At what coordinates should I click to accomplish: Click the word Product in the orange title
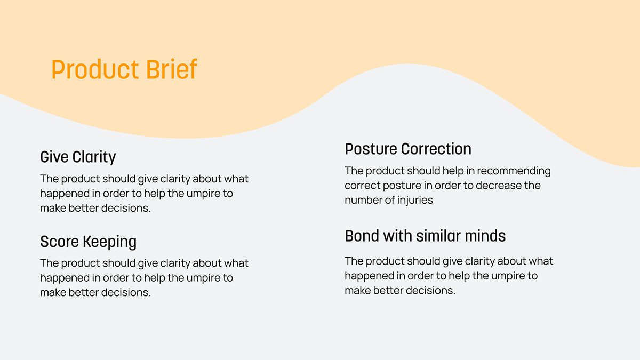[95, 69]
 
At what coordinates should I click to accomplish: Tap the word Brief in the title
[171, 69]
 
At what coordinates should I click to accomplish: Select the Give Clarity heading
[78, 157]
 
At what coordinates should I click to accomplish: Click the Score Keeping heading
[89, 242]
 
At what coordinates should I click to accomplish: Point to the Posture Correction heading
[408, 149]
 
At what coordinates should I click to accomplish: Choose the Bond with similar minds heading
[425, 236]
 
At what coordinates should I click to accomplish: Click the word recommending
[514, 171]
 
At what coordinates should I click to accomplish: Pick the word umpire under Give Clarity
[203, 194]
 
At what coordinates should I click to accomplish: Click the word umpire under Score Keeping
[203, 278]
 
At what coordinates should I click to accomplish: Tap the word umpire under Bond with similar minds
[508, 276]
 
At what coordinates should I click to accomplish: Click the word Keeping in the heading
[110, 242]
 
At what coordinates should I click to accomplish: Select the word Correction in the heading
[436, 149]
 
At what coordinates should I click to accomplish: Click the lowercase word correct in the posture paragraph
[362, 186]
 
